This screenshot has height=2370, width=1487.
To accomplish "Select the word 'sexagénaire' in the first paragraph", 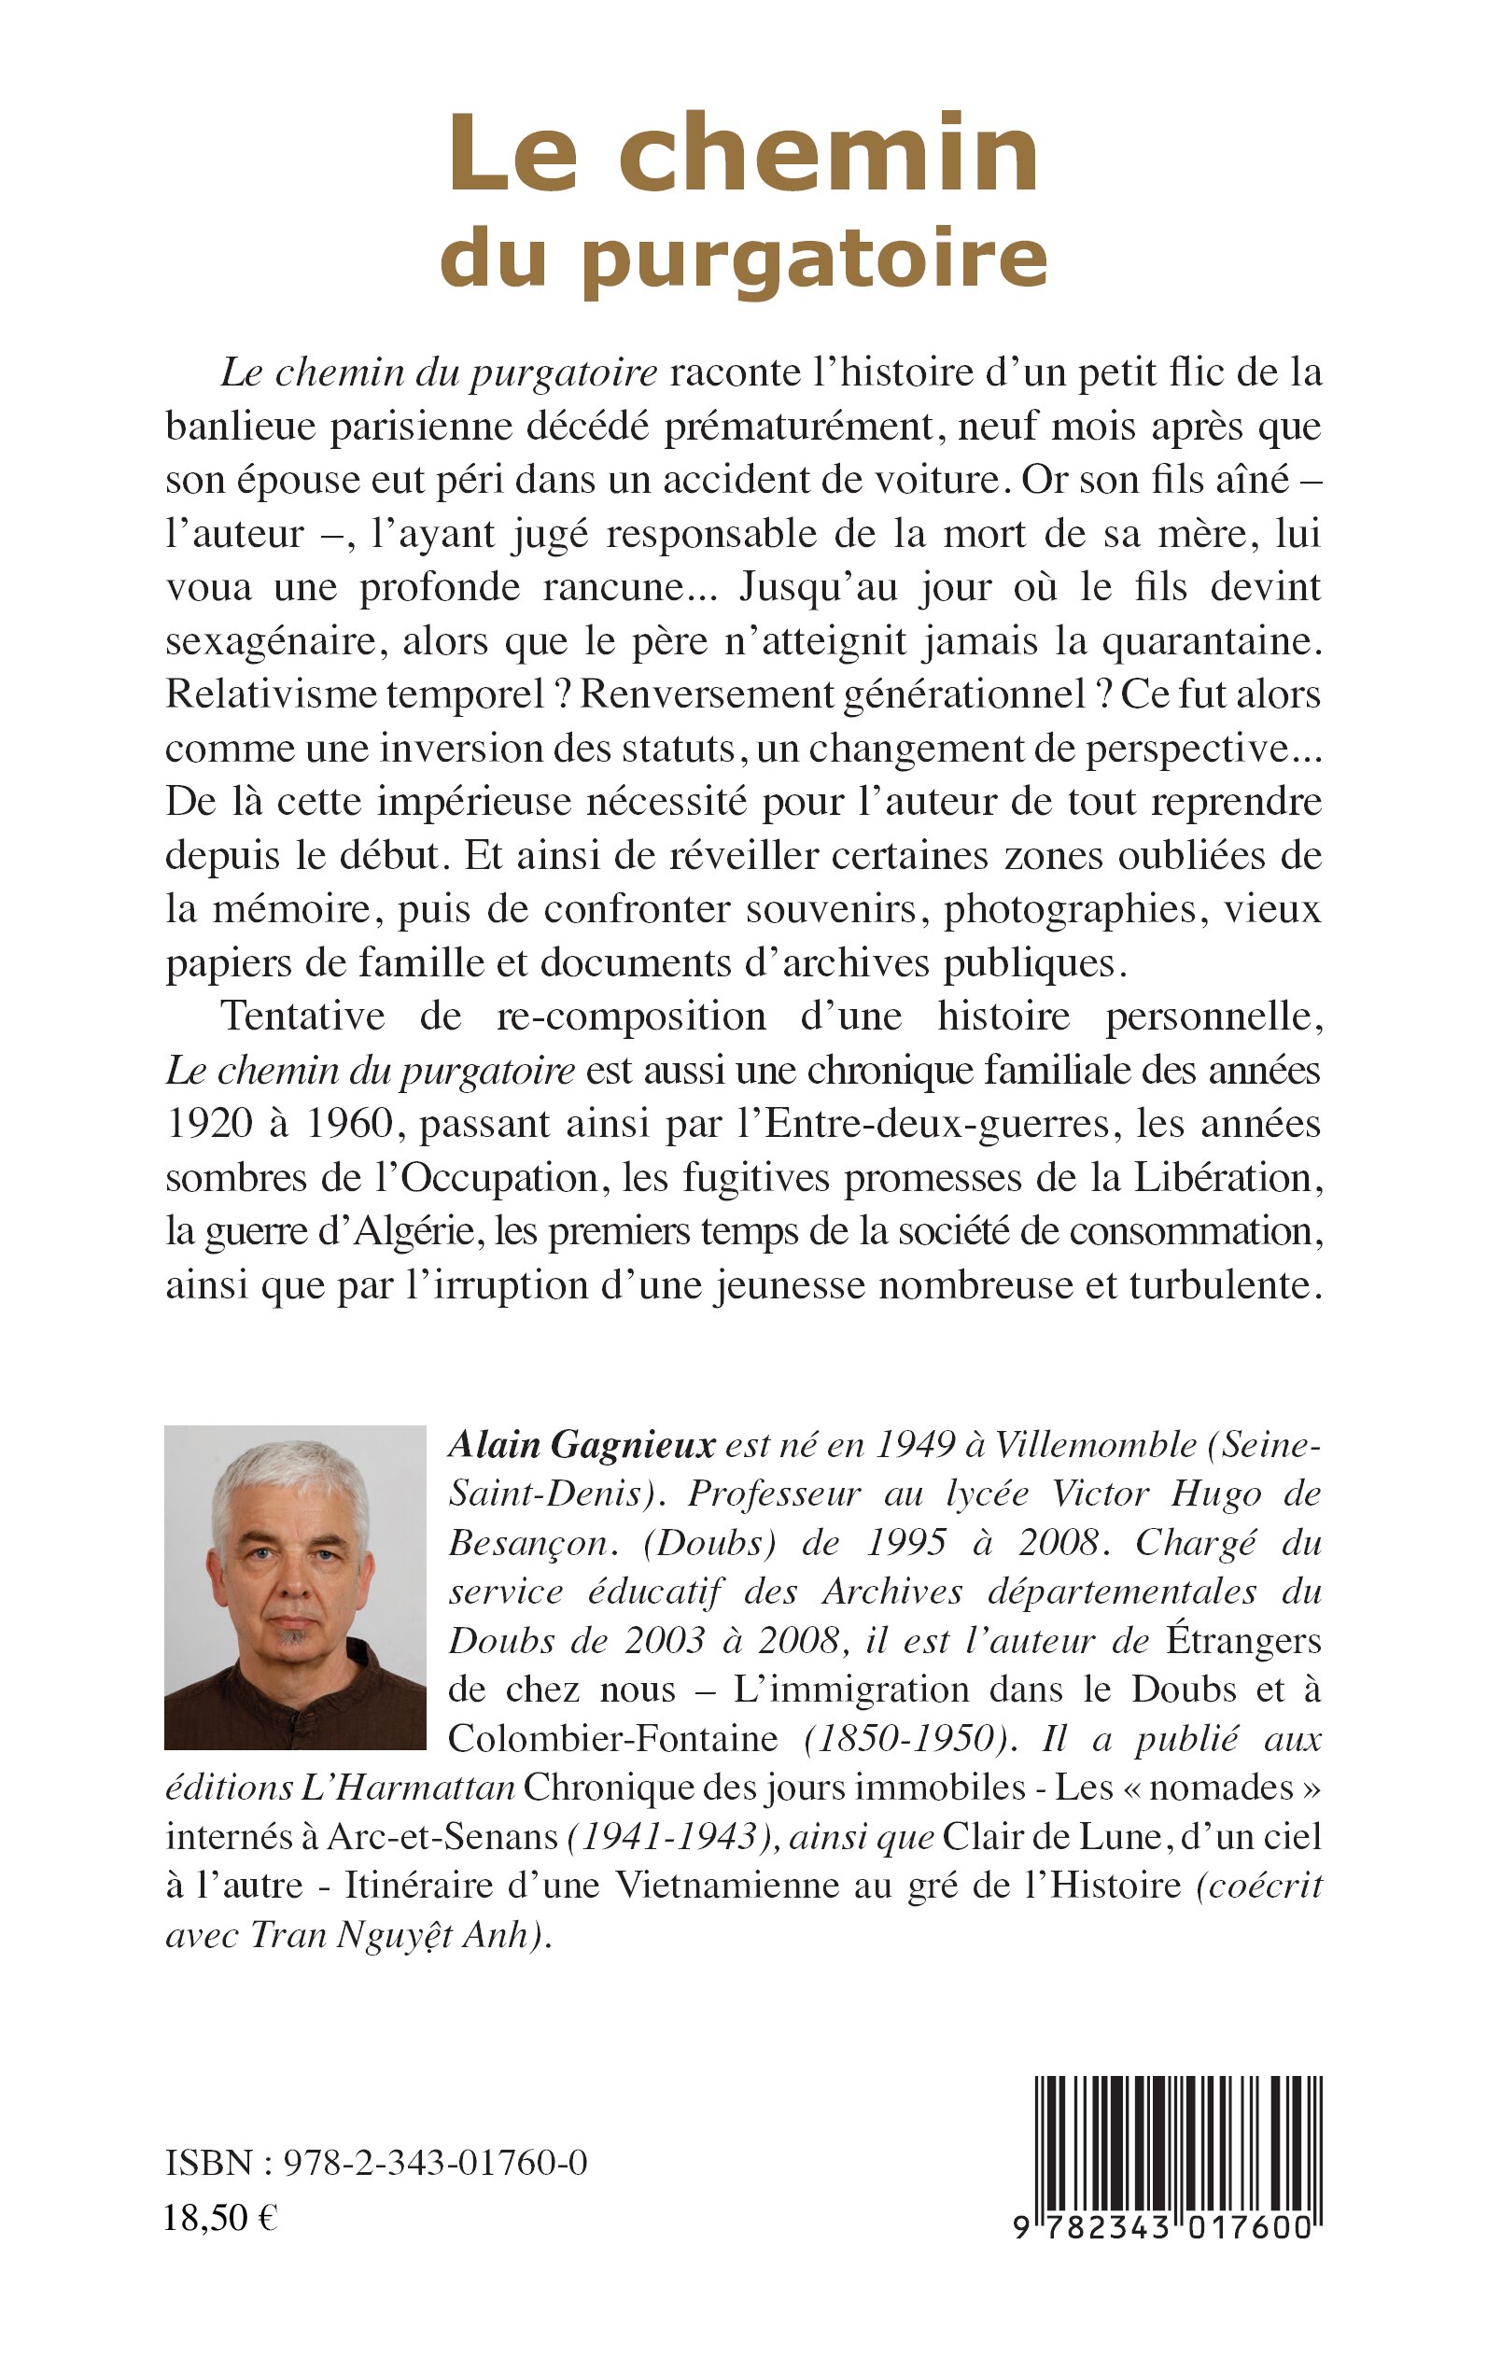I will pos(262,642).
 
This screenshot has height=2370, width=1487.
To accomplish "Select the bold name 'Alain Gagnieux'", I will pos(582,1446).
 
